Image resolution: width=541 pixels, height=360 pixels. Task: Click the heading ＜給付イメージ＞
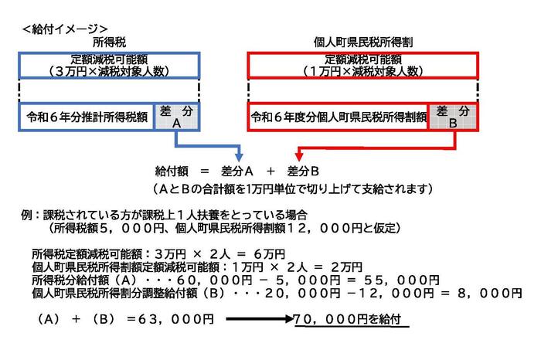tap(65, 29)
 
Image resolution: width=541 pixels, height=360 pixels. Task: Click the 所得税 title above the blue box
tap(110, 42)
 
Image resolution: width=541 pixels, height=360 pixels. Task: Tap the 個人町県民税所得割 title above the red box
tap(363, 42)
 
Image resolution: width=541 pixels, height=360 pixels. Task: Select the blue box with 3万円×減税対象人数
tap(109, 66)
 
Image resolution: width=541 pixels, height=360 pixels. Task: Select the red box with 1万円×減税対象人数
tap(363, 66)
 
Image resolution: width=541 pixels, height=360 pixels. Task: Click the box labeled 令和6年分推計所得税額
tap(87, 117)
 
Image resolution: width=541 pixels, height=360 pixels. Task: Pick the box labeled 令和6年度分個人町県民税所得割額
tap(338, 117)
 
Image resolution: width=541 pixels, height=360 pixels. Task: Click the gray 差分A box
tap(177, 117)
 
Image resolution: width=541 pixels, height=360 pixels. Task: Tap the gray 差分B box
tap(453, 117)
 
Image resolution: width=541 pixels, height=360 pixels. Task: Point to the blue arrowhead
tap(239, 158)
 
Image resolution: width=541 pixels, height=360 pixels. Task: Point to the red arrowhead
tap(299, 157)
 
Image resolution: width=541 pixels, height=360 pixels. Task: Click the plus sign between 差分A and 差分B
tap(270, 171)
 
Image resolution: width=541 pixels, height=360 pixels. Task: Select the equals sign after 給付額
tap(205, 171)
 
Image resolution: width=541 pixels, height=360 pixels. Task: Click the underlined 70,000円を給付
tap(347, 319)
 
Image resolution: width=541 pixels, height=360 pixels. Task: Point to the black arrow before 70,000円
tap(260, 319)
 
